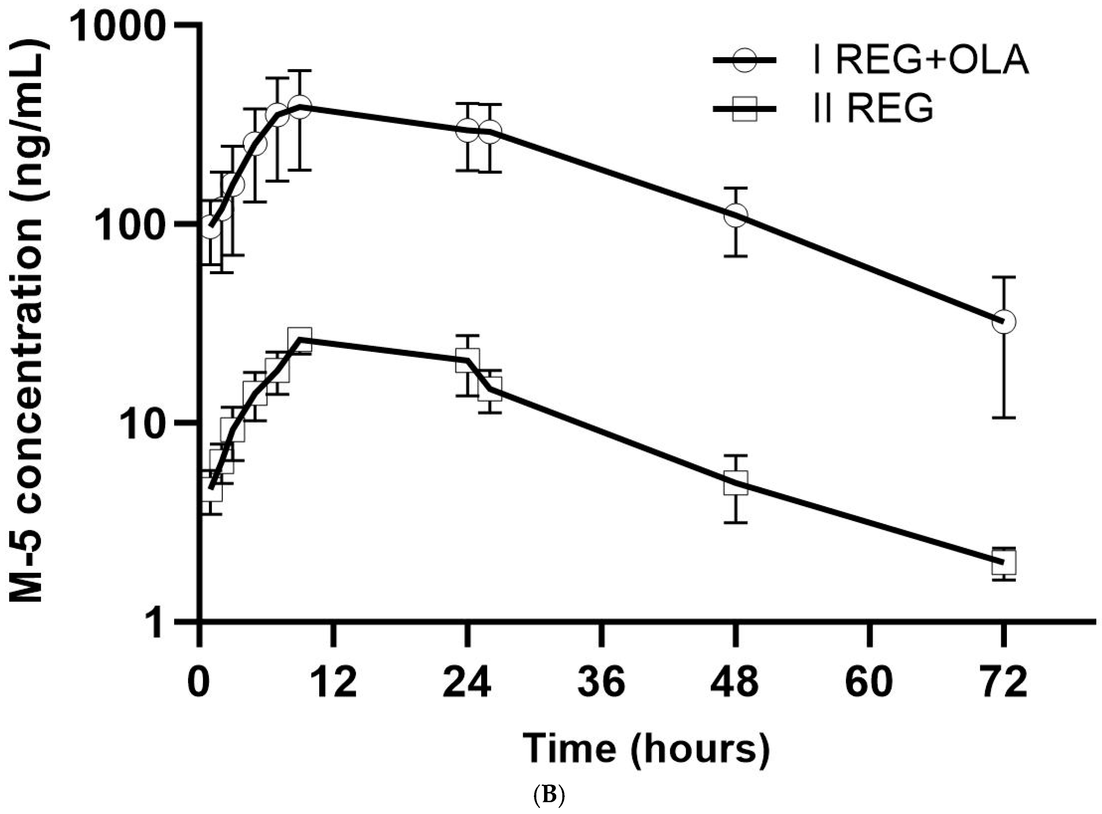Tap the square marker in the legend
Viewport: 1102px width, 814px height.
point(745,108)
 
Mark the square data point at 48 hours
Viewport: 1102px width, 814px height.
point(736,483)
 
